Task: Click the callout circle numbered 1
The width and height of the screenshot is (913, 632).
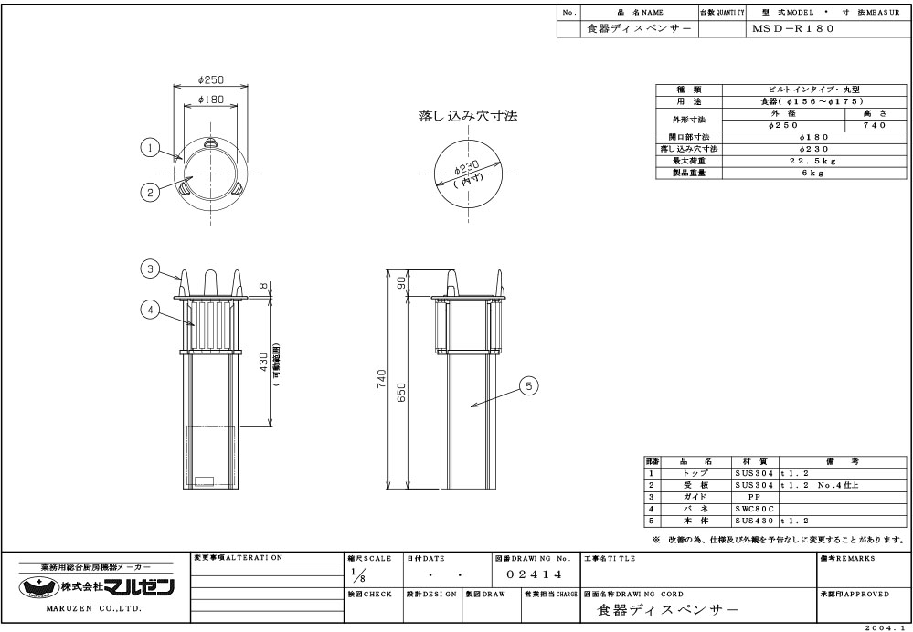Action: pyautogui.click(x=150, y=148)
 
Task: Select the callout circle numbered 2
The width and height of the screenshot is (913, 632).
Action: pyautogui.click(x=150, y=192)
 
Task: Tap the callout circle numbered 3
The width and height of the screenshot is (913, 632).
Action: pyautogui.click(x=150, y=269)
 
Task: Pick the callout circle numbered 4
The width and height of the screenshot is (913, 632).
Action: pyautogui.click(x=150, y=311)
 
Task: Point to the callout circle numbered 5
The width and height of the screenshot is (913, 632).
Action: pyautogui.click(x=529, y=385)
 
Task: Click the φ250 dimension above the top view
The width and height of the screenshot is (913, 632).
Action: pyautogui.click(x=211, y=79)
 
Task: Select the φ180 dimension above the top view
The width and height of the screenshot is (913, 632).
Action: pyautogui.click(x=211, y=100)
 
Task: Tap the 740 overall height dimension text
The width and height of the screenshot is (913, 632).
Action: pyautogui.click(x=382, y=379)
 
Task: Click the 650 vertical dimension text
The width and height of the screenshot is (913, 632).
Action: pyautogui.click(x=401, y=392)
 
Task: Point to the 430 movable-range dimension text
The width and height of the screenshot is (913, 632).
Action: pyautogui.click(x=264, y=362)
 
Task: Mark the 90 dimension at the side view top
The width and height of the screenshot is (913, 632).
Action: pyautogui.click(x=401, y=283)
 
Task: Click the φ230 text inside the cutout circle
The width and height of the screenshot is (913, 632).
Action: pyautogui.click(x=466, y=169)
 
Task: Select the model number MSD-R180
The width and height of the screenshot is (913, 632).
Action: pyautogui.click(x=793, y=28)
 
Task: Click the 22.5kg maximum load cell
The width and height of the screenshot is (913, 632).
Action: pyautogui.click(x=812, y=162)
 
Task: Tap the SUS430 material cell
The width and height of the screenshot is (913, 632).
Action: pyautogui.click(x=754, y=521)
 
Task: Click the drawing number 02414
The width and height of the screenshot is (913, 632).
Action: pyautogui.click(x=534, y=575)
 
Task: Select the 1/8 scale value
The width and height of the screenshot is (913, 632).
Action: pyautogui.click(x=356, y=575)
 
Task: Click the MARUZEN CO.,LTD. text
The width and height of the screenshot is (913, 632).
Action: pyautogui.click(x=94, y=609)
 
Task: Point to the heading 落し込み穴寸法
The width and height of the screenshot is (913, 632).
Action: pyautogui.click(x=468, y=116)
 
